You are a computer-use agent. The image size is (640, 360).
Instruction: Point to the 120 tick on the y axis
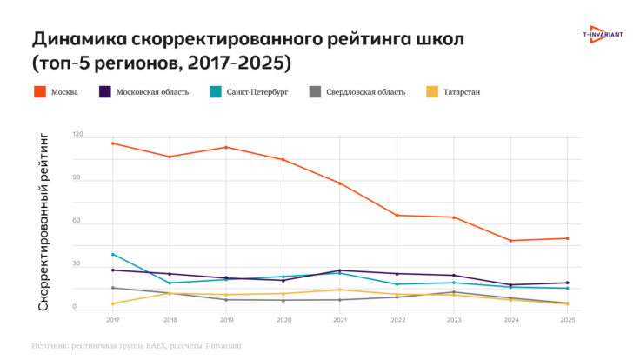point(78,135)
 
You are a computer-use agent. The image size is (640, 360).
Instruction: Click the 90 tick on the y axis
point(77,177)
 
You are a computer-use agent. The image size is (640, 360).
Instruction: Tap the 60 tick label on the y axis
point(77,220)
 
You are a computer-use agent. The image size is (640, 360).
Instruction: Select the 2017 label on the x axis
point(113,320)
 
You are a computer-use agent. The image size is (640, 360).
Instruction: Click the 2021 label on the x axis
point(340,320)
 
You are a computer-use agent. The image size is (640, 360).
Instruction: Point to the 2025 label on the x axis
point(568,320)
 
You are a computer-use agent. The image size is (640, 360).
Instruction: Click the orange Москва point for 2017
point(113,143)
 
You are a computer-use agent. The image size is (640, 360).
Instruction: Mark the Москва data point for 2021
point(340,183)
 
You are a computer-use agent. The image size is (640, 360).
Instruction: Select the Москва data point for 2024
point(510,241)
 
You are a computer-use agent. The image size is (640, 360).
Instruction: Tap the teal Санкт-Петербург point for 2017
point(113,254)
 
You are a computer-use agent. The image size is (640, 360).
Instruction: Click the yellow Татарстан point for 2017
point(113,303)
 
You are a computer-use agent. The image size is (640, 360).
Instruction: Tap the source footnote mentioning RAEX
point(137,345)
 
